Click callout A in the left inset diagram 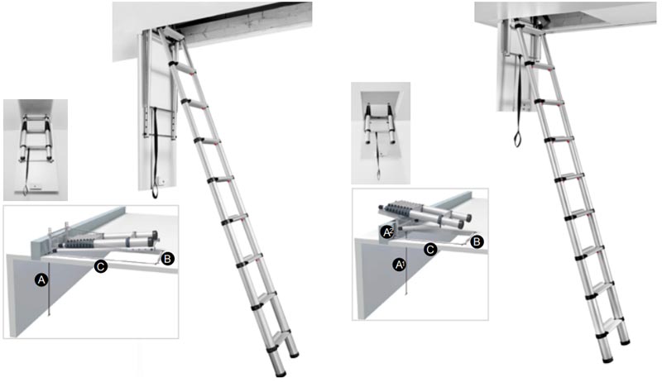[41, 279]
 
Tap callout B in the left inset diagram [168, 259]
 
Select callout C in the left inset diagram [101, 266]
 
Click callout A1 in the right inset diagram [399, 265]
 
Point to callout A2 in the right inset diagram [387, 232]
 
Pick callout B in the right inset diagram [477, 242]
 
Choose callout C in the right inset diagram [429, 250]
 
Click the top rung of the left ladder [185, 68]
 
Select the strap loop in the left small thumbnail [26, 189]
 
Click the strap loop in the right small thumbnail [379, 174]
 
